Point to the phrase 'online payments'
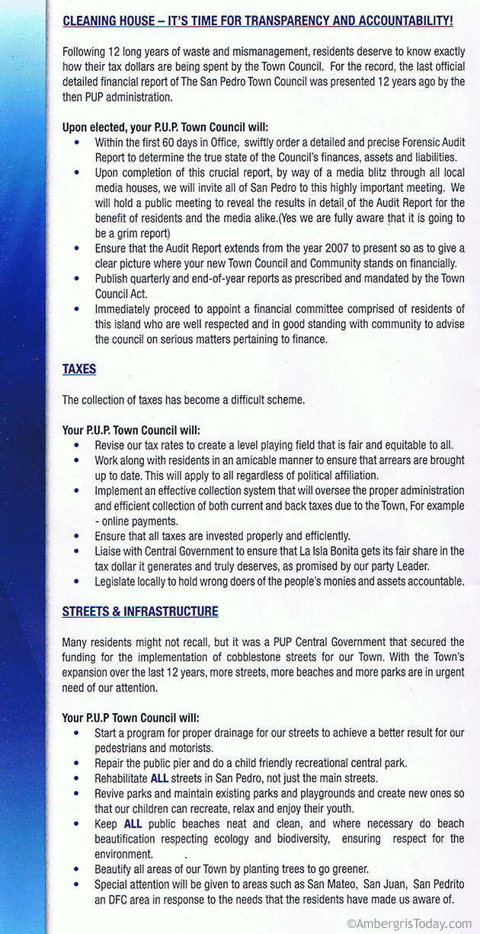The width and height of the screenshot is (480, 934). pos(140,522)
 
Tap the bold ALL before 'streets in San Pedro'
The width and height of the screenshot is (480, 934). pos(160,778)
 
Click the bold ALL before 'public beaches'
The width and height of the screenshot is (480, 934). pos(131,824)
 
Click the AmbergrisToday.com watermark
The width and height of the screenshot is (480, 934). pos(409,923)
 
